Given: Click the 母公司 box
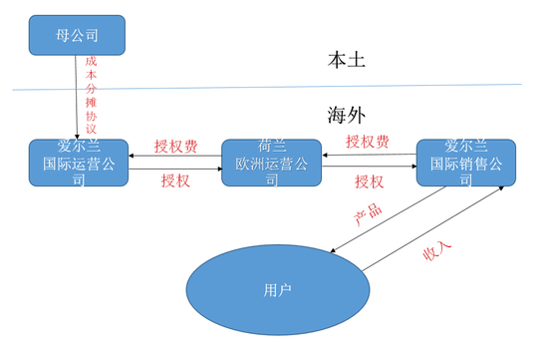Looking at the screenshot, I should coord(77,35).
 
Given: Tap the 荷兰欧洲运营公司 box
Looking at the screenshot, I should coord(271,163).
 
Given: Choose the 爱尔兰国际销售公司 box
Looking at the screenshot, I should coord(465,163).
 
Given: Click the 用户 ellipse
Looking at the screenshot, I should coord(274,289).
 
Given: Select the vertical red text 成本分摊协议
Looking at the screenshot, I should coord(92,95).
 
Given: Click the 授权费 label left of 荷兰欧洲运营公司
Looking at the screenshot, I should coord(175,146).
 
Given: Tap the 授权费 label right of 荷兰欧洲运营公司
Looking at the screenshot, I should coord(367,143).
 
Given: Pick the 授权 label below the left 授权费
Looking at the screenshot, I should coord(175,181).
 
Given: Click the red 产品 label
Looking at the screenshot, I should coord(368,216).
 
